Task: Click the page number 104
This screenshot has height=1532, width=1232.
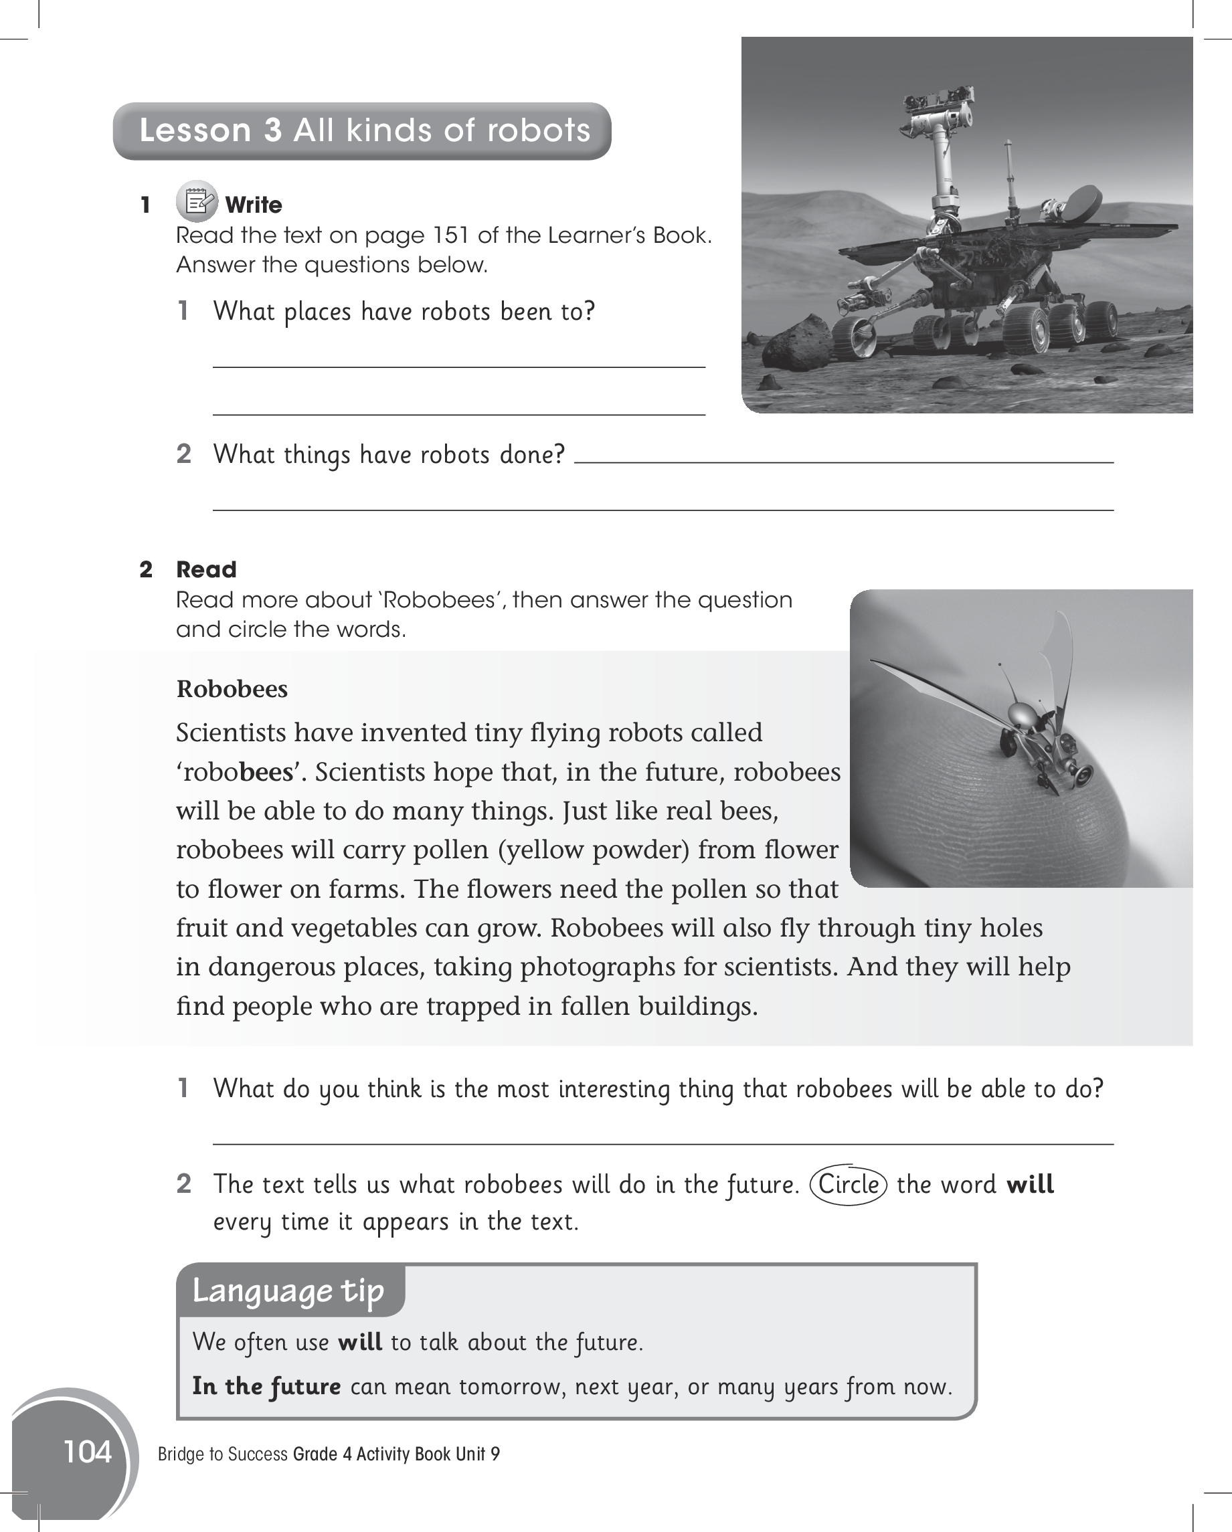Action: [x=88, y=1451]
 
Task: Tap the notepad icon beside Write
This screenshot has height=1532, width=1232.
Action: [x=197, y=202]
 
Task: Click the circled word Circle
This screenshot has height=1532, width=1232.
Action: [x=848, y=1185]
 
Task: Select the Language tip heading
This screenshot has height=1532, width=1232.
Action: [x=288, y=1290]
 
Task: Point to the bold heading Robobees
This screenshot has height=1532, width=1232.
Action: [x=232, y=689]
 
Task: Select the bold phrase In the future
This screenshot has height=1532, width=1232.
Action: [x=266, y=1386]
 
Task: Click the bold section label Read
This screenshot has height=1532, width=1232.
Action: [x=206, y=569]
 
